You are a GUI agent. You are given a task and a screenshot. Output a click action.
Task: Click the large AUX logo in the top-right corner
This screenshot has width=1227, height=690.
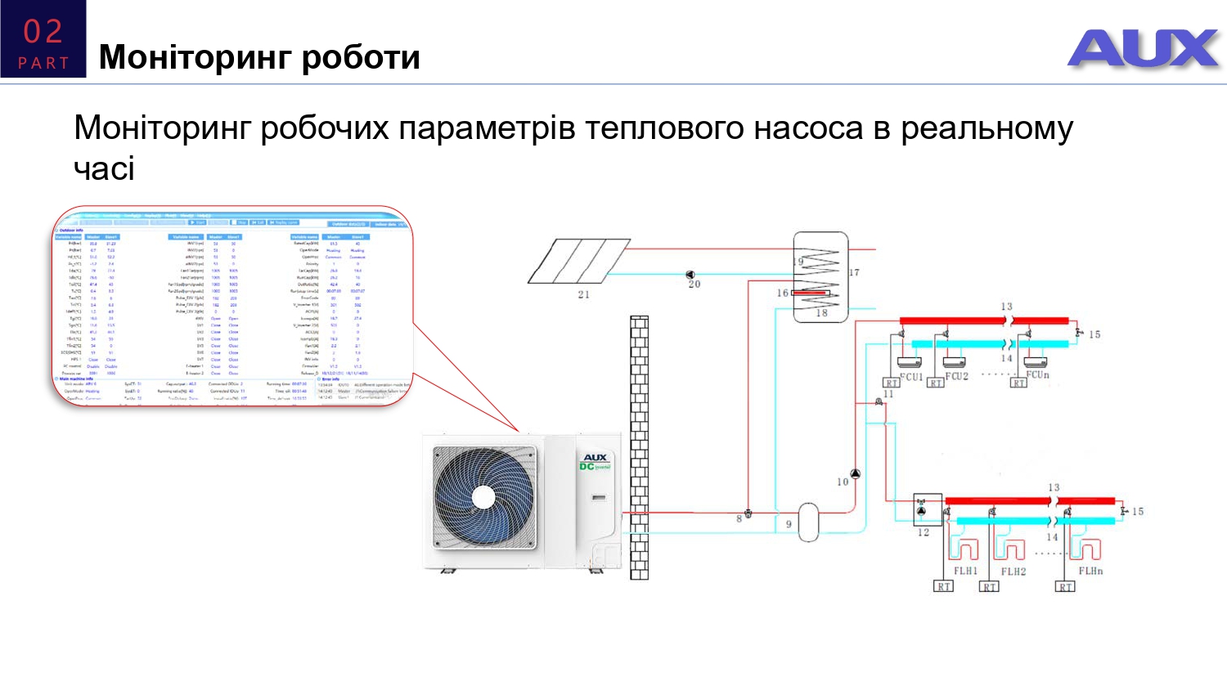pos(1143,48)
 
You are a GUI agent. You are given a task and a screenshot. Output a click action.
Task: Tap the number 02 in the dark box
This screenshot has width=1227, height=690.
pos(43,32)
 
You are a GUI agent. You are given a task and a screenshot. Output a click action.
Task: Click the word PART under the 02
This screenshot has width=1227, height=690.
pos(43,63)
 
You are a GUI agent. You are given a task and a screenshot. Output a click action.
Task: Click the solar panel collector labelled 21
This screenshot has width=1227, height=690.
pos(578,261)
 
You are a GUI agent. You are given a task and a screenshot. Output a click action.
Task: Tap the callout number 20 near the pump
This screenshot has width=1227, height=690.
pos(694,285)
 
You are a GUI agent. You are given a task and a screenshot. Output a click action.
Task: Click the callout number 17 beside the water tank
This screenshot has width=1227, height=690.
pos(854,272)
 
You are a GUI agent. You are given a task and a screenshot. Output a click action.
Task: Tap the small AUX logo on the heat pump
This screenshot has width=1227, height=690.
pos(595,458)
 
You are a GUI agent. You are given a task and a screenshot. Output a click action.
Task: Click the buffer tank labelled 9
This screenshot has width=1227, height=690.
pos(808,522)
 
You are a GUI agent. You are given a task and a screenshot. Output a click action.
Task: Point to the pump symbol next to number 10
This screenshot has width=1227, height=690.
pos(856,473)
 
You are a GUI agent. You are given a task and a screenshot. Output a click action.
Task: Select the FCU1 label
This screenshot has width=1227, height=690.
pos(910,377)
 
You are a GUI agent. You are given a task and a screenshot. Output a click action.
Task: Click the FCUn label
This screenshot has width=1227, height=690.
pos(1037,374)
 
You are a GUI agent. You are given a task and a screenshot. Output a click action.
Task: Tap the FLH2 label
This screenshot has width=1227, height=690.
pos(1013,571)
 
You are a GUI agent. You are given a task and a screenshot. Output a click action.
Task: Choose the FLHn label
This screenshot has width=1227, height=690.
pos(1090,571)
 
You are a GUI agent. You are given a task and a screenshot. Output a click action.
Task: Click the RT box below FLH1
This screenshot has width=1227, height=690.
pos(944,586)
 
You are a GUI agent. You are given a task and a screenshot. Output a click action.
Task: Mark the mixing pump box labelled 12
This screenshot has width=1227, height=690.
pos(927,509)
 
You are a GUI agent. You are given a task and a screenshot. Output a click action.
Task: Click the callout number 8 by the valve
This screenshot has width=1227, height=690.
pos(739,518)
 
